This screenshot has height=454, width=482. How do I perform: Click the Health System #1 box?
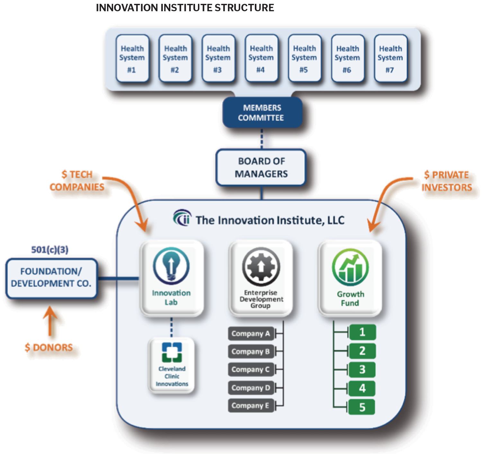(132, 58)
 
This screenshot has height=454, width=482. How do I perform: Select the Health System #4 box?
(261, 58)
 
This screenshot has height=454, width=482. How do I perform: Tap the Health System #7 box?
(390, 58)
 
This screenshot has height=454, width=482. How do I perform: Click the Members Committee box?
(262, 113)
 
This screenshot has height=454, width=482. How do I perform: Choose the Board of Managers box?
(261, 167)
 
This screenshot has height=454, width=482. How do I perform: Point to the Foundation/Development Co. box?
(51, 278)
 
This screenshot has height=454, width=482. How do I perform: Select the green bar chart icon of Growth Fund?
(350, 267)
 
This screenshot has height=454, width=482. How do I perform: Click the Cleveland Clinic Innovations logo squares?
(172, 352)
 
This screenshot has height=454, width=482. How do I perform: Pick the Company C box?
(251, 370)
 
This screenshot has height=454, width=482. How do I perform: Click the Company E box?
(251, 406)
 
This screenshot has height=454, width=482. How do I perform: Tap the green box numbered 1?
(362, 332)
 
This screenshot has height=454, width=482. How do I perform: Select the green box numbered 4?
(362, 389)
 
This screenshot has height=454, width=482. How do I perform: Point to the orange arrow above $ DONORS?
(50, 321)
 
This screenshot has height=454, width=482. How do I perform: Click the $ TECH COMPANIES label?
(77, 181)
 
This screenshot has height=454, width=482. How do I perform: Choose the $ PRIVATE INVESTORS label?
(447, 181)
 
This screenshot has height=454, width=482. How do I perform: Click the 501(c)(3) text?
(50, 249)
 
